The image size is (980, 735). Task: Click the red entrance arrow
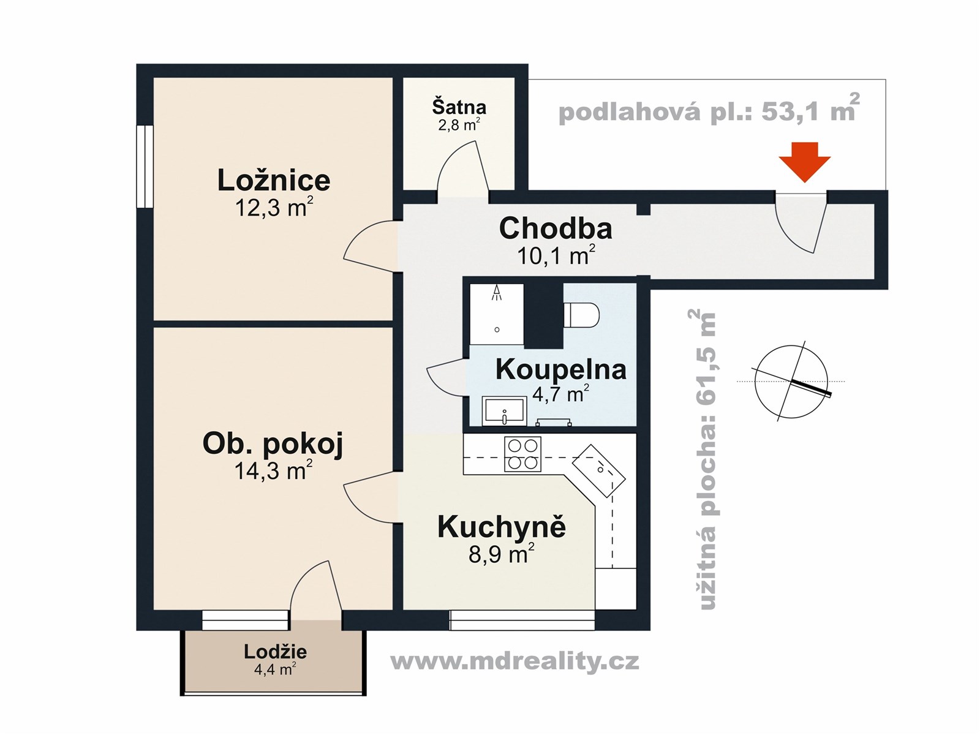[805, 160]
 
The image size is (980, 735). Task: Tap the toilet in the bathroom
[581, 315]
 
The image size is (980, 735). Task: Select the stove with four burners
[522, 454]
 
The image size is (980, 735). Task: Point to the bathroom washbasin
[503, 410]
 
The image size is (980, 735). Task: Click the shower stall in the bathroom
[497, 314]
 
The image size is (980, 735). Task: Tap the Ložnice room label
[274, 180]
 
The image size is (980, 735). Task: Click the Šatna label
[459, 107]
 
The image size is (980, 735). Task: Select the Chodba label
[556, 228]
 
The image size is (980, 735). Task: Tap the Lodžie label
[275, 652]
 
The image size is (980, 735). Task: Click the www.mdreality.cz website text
[514, 661]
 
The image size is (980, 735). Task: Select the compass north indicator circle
[791, 382]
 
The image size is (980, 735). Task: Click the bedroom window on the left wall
[145, 167]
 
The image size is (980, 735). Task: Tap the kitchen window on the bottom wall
[522, 620]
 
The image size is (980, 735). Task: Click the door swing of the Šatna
[461, 168]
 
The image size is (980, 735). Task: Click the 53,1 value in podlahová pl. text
[788, 111]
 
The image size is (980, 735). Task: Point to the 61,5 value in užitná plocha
[707, 381]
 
